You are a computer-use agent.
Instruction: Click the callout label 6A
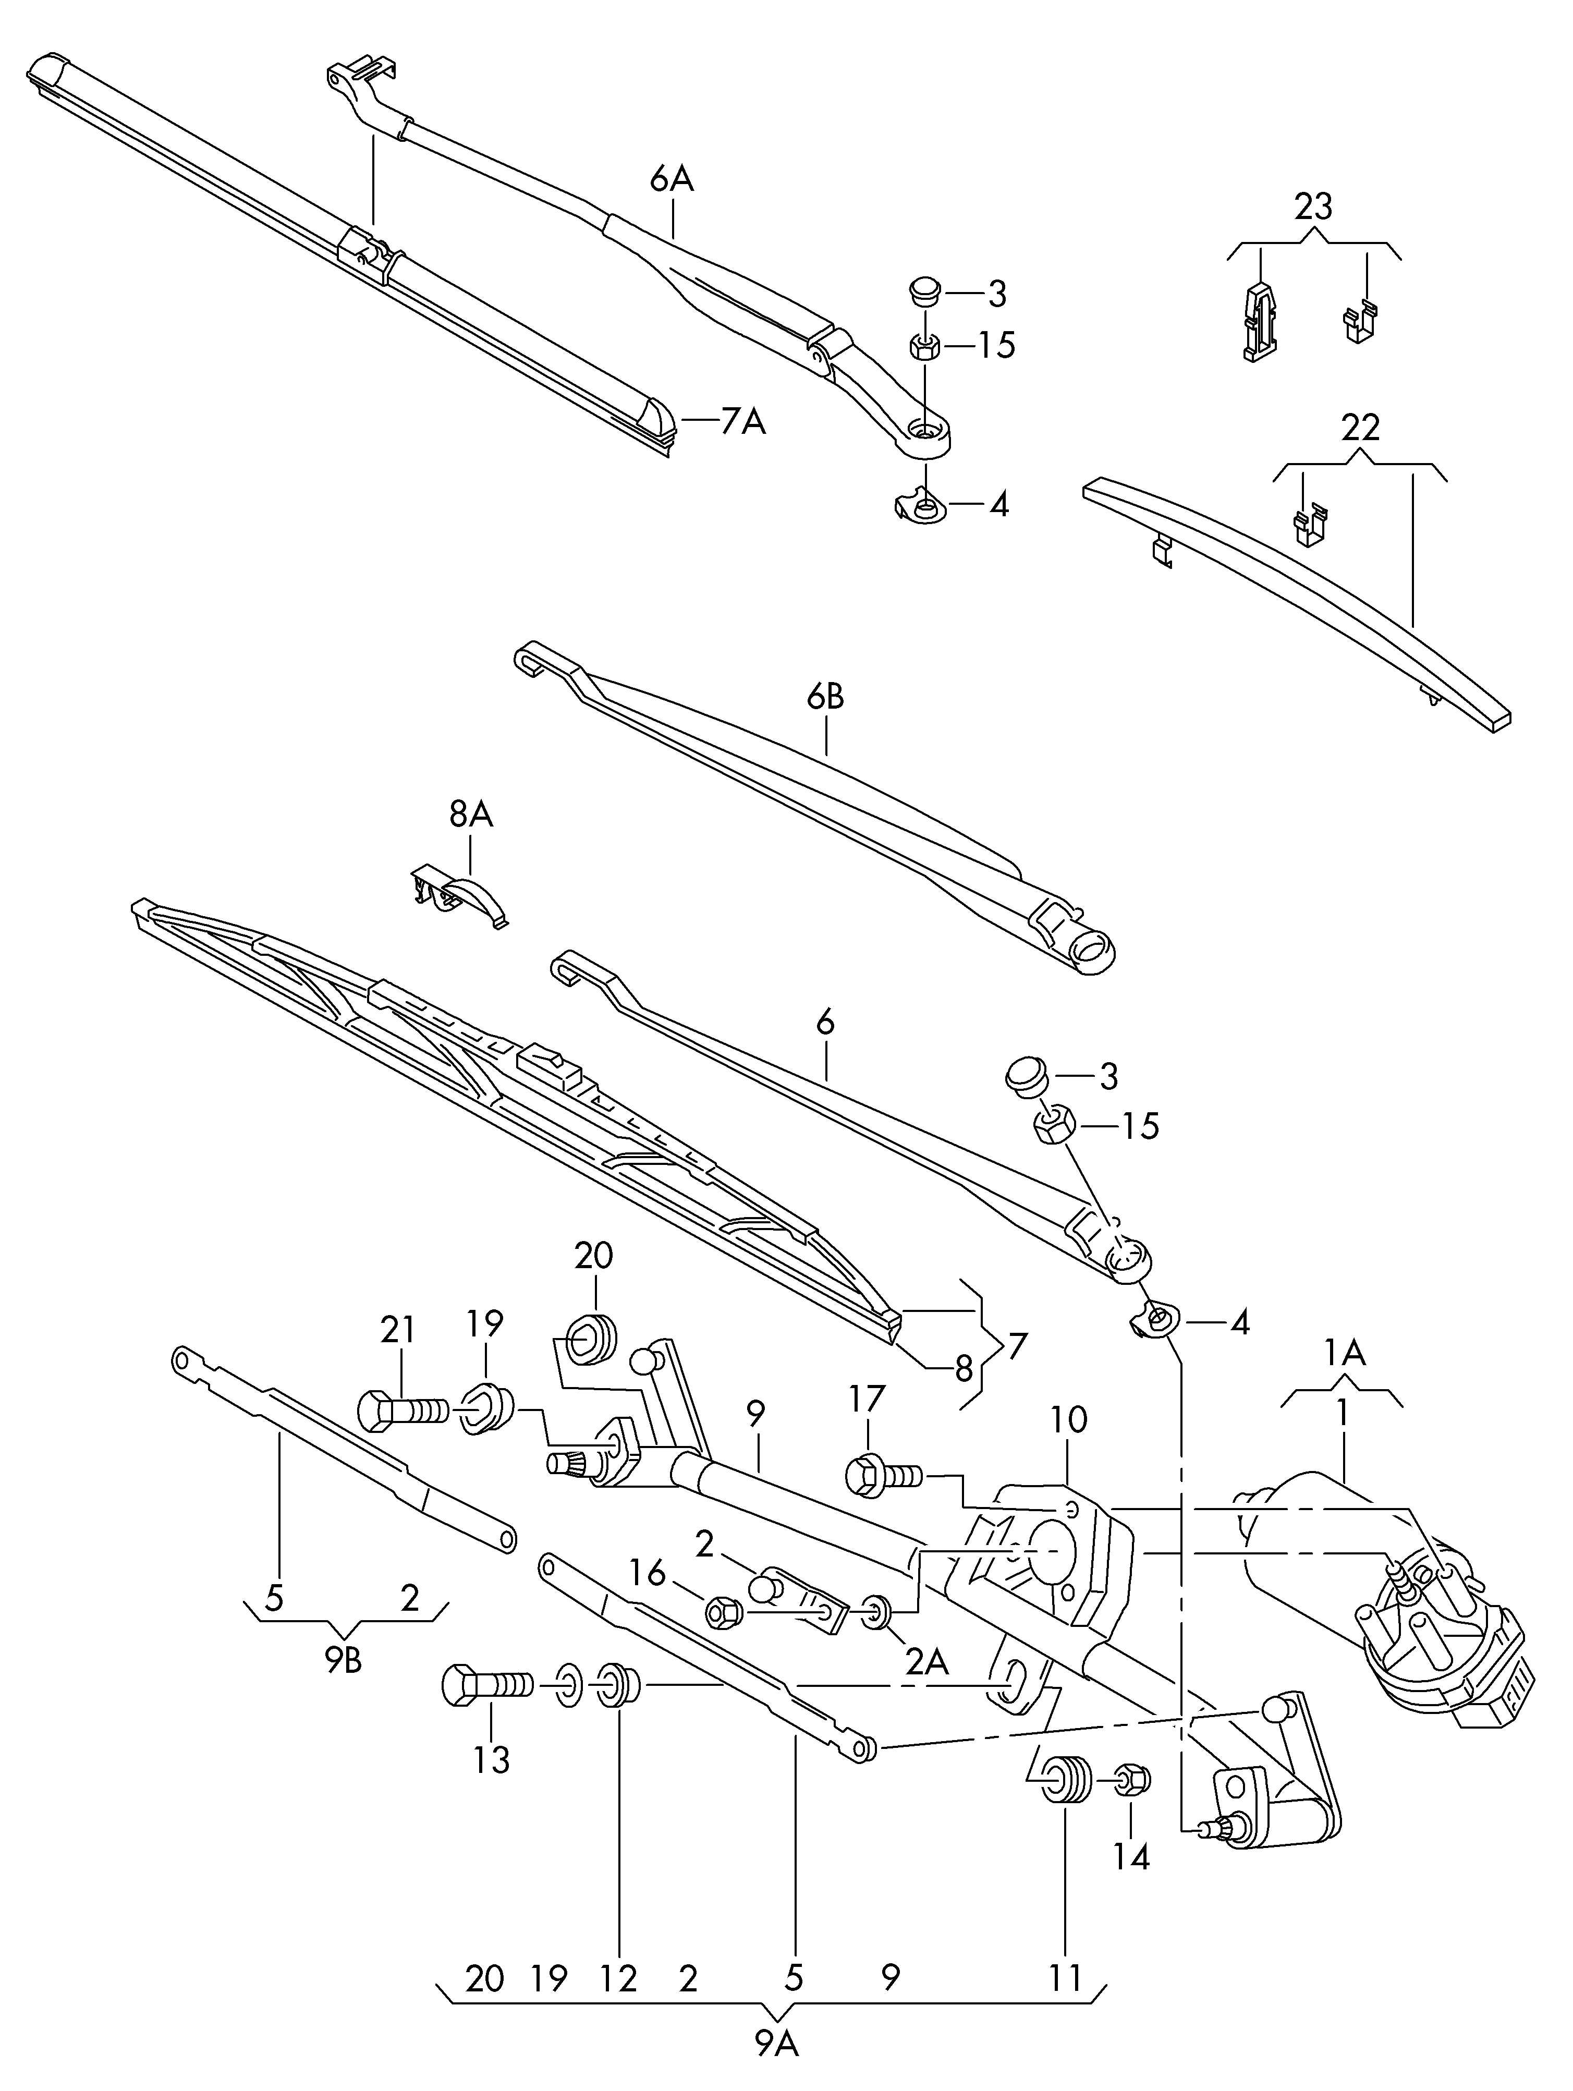[671, 178]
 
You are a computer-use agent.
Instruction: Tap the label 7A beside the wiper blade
[742, 422]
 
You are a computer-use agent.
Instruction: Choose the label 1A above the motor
[1343, 1355]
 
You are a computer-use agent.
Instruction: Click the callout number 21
[397, 1330]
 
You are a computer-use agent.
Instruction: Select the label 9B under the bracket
[344, 1661]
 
